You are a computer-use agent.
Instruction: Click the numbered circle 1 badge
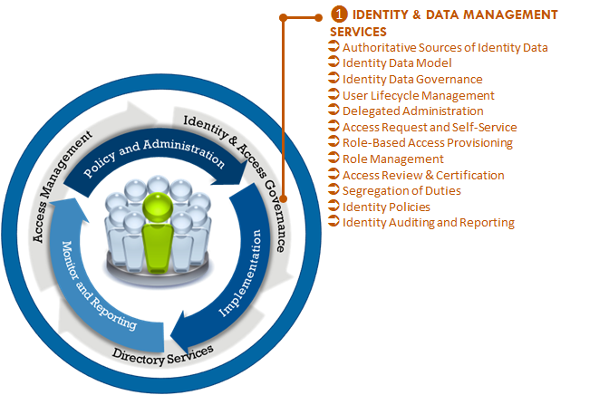point(339,15)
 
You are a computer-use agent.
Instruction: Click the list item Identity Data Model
point(397,63)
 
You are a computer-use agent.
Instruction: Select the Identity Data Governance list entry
point(412,80)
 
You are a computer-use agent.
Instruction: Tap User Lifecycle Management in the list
point(418,95)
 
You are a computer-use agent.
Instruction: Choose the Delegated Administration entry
point(412,111)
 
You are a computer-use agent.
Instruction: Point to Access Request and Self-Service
point(430,128)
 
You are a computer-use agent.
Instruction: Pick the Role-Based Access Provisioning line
point(428,143)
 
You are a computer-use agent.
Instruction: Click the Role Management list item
point(393,159)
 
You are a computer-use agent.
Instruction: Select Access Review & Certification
point(423,175)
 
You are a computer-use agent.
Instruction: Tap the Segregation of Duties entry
point(401,191)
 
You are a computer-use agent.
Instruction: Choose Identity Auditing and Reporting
point(429,223)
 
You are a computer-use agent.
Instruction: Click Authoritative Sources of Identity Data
point(445,48)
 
